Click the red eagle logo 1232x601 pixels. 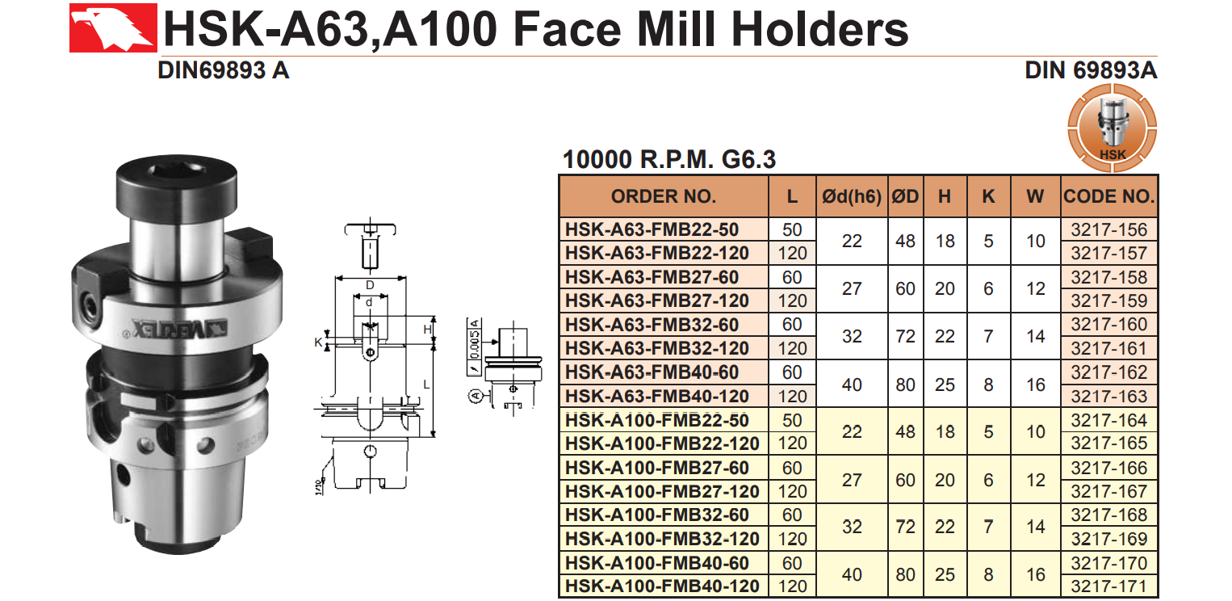tap(113, 27)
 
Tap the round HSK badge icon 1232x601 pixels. tap(1112, 128)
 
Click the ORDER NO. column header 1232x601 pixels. tap(664, 196)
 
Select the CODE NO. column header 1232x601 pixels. tap(1108, 196)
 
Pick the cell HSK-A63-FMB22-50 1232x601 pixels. tap(652, 229)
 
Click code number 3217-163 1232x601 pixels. tap(1108, 397)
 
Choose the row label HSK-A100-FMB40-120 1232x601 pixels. tap(662, 586)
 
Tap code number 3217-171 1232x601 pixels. tap(1108, 586)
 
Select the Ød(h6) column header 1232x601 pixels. tap(852, 196)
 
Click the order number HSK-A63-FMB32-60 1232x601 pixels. tap(652, 325)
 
